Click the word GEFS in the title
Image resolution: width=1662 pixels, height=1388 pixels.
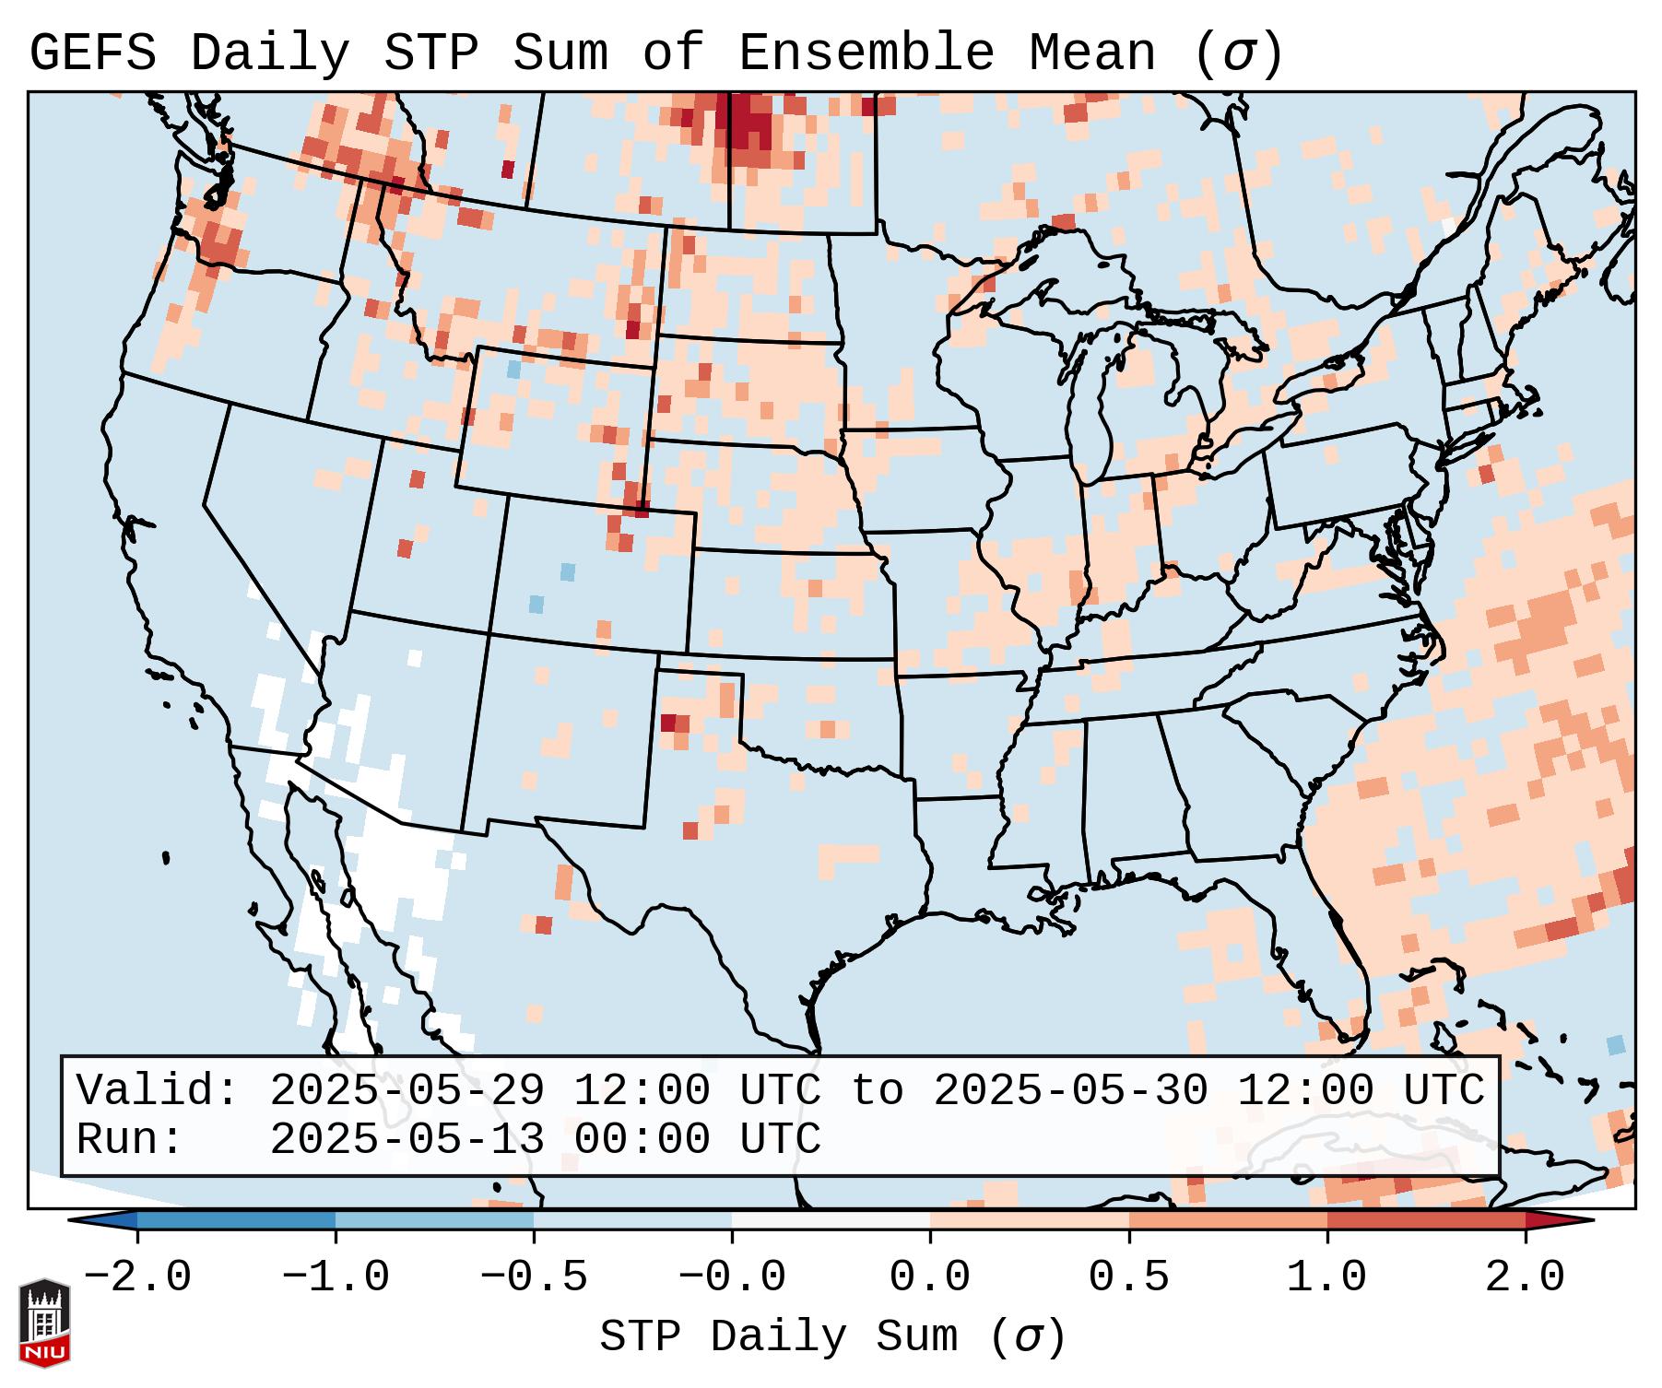coord(92,53)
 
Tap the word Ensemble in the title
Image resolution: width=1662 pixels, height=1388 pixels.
coord(866,53)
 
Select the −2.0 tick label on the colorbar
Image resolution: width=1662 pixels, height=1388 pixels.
coord(137,1277)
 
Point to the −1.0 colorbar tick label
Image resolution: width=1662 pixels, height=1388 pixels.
coord(336,1277)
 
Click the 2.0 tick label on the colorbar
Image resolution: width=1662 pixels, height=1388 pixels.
coord(1525,1277)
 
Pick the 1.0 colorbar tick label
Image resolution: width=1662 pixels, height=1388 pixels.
coord(1326,1277)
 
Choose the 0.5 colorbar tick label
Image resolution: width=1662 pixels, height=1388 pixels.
coord(1128,1277)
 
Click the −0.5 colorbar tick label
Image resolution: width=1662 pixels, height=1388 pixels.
coord(534,1277)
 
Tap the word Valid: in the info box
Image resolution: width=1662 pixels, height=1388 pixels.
coord(158,1090)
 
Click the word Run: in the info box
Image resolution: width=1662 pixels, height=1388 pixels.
coord(130,1139)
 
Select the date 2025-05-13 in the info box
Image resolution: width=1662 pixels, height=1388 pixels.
coord(407,1139)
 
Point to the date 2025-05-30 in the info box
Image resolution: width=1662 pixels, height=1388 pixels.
coord(1070,1090)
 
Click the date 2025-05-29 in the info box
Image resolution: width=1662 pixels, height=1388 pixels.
coord(407,1090)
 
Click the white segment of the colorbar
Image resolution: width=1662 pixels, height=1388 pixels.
coord(831,1220)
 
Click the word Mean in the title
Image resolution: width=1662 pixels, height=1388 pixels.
coord(1091,53)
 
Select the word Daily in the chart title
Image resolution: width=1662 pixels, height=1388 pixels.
coord(270,53)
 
